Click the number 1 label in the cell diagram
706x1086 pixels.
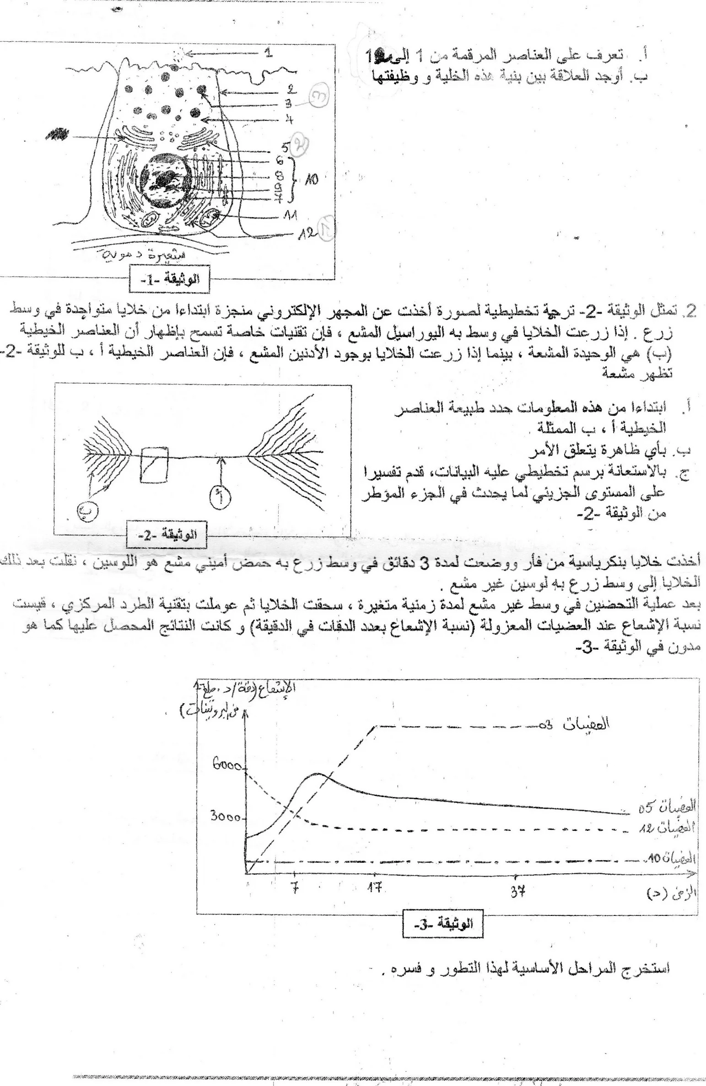coord(269,53)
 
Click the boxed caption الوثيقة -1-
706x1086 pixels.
coord(169,279)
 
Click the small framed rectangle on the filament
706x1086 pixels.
coord(154,465)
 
